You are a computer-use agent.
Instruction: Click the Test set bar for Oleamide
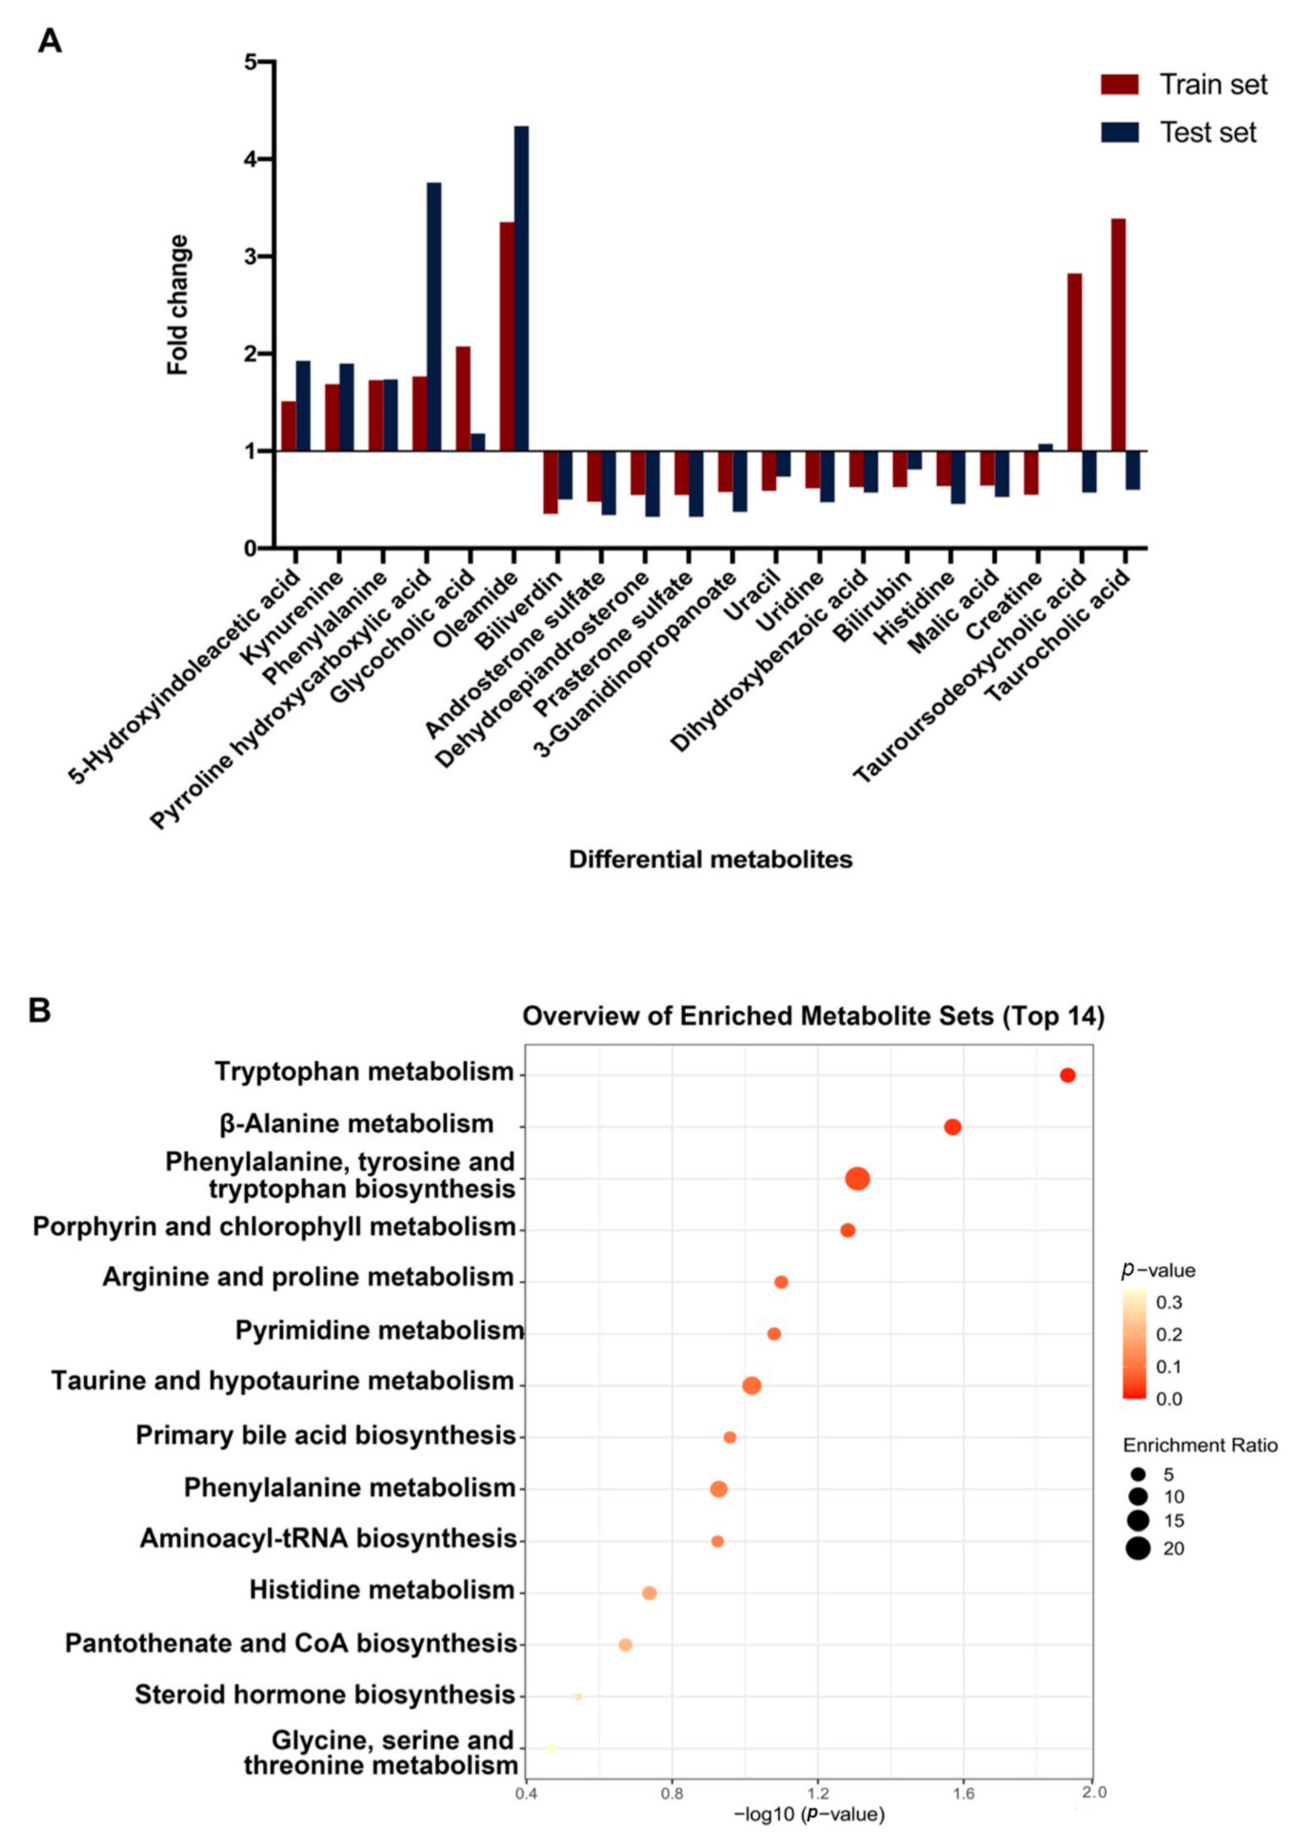pos(521,288)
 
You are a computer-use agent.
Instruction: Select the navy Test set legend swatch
pos(1119,132)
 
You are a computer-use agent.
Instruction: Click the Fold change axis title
pos(178,304)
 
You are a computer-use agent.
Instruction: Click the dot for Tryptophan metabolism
pos(1067,1075)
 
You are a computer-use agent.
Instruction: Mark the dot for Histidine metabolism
pos(649,1593)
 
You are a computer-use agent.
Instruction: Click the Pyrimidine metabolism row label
pos(379,1330)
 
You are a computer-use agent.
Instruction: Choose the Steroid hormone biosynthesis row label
pos(325,1695)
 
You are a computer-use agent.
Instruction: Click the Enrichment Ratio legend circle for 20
pos(1138,1549)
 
